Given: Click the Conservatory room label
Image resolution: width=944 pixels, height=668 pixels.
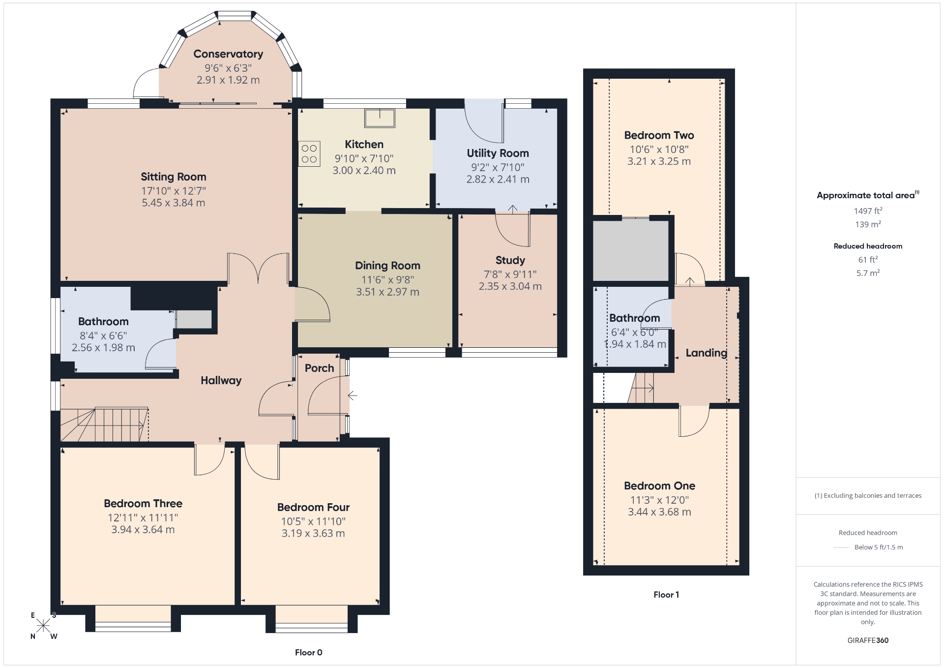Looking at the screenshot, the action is (228, 54).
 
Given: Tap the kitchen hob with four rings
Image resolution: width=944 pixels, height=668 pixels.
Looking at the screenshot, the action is (309, 153).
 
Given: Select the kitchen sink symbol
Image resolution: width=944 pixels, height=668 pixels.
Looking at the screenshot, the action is (380, 118).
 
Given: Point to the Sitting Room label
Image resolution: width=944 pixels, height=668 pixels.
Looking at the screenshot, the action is (174, 177).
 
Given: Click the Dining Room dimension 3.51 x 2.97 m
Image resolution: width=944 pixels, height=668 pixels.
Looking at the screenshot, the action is (388, 292).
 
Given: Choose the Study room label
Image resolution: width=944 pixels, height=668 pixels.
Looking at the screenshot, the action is (510, 260).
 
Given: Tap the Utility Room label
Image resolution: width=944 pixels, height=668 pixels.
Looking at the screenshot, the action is (498, 153).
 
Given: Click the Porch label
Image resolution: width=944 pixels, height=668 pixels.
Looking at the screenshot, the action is (320, 368).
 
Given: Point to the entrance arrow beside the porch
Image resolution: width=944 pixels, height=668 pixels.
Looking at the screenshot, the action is (353, 395).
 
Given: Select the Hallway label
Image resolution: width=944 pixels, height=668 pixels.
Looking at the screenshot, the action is (221, 380).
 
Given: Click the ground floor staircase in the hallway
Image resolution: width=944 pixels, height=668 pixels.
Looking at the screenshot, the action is (104, 424).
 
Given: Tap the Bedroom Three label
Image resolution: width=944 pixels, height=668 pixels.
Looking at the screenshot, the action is (143, 503).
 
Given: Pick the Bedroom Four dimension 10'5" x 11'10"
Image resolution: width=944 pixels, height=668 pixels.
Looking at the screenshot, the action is (314, 521).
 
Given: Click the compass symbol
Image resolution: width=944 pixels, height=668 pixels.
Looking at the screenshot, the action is (43, 626).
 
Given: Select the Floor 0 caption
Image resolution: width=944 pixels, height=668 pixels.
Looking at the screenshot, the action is (309, 653).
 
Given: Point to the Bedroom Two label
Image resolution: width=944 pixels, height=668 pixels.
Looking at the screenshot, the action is (659, 135).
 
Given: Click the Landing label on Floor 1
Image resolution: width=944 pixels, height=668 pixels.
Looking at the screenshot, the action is (707, 353).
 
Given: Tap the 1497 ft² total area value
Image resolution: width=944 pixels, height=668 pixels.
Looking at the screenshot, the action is (868, 211).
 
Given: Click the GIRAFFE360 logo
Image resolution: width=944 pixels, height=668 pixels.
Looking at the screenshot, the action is (868, 640).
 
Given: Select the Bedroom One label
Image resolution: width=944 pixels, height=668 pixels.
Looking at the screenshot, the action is (660, 486).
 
